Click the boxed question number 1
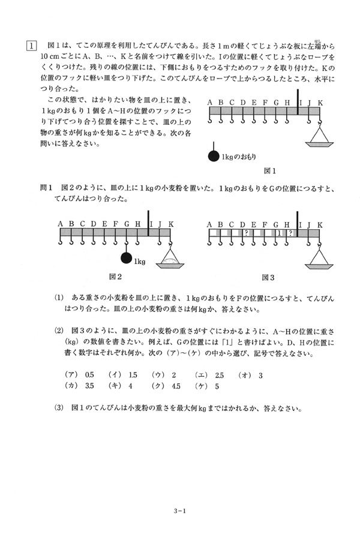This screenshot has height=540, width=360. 30,44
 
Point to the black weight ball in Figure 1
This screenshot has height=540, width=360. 213,157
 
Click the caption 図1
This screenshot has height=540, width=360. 269,170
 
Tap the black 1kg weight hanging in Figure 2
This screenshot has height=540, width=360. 126,259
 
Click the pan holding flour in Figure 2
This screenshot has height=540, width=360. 170,260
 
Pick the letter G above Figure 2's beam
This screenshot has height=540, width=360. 127,224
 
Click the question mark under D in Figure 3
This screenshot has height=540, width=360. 246,233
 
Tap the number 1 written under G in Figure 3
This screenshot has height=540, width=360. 280,233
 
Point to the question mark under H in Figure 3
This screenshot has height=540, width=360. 290,233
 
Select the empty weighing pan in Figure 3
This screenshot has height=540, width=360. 320,260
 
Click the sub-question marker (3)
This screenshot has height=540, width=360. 58,409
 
